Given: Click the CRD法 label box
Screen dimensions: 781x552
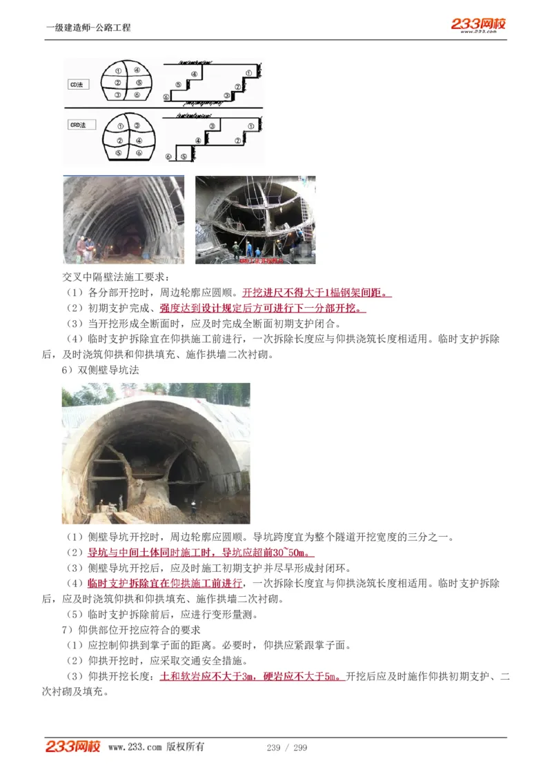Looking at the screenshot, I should click(78, 126).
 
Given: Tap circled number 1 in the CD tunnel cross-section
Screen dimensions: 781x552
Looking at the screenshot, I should click(119, 71).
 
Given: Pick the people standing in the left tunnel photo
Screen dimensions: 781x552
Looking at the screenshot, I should click(85, 248).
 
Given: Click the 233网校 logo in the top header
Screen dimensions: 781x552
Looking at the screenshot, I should click(478, 25).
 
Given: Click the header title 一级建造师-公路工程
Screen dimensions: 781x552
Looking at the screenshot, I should click(88, 28).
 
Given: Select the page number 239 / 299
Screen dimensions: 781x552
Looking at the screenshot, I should click(286, 748).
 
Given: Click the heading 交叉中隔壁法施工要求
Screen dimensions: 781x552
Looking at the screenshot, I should click(109, 278).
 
